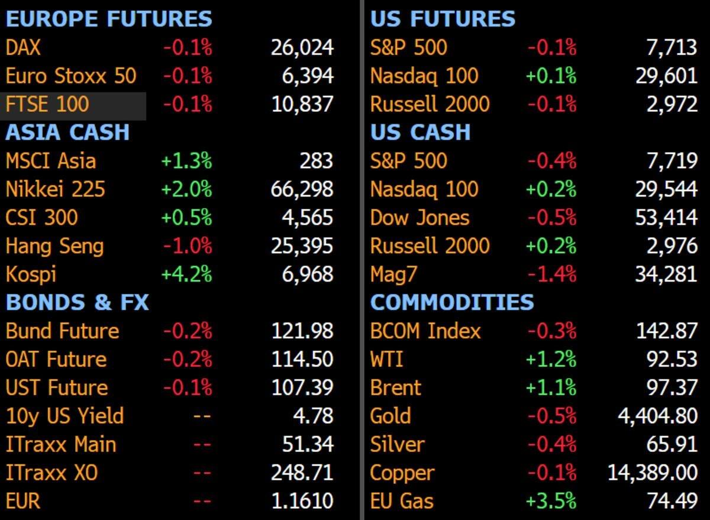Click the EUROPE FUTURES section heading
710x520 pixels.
click(109, 19)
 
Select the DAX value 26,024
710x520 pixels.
click(302, 48)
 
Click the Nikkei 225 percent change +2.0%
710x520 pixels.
click(187, 189)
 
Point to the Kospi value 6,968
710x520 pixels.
click(308, 274)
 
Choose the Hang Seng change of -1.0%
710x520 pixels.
click(188, 246)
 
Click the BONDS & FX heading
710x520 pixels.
click(78, 302)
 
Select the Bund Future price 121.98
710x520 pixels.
click(302, 331)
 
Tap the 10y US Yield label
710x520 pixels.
click(64, 416)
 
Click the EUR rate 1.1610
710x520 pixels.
click(302, 501)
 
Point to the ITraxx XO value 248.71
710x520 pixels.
click(302, 473)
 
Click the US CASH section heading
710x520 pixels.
click(420, 132)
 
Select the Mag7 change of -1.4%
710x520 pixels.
click(552, 274)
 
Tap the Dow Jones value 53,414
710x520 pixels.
click(666, 218)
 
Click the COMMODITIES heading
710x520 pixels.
click(452, 302)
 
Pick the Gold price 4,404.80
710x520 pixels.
click(658, 416)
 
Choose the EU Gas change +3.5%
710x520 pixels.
click(551, 501)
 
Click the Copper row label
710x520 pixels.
click(402, 473)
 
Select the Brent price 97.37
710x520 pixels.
click(672, 387)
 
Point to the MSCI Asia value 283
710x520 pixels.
click(317, 161)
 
